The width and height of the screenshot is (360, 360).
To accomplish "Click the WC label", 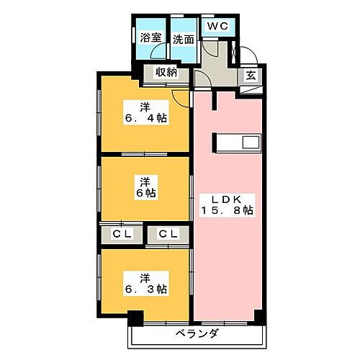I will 217,26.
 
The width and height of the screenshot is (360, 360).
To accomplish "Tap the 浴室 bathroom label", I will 150,39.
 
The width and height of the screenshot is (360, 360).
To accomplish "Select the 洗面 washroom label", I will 183,39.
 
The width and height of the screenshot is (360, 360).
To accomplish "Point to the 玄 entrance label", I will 249,74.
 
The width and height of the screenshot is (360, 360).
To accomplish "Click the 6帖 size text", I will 146,192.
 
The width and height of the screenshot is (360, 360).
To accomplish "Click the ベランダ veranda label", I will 197,335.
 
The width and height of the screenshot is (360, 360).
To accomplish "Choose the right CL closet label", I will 168,234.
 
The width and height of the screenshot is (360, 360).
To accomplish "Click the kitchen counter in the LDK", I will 235,143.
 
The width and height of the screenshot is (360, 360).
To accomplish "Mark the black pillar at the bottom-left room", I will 136,317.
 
